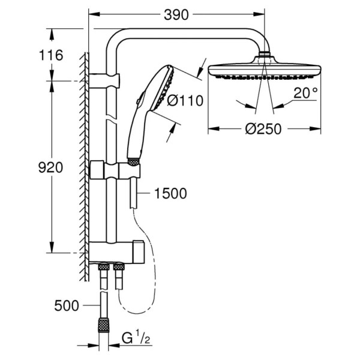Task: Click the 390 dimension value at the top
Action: point(176,15)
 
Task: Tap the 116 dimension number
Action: point(51,55)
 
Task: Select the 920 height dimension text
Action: point(50,167)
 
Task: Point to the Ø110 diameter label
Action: point(185,101)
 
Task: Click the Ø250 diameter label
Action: point(263,129)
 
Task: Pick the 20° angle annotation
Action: point(305,93)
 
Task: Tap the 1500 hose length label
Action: point(170,193)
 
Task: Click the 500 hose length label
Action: point(67,305)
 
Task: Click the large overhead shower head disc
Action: point(264,70)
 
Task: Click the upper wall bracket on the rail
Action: point(104,81)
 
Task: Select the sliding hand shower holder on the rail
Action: point(115,170)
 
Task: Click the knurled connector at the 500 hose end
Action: point(103,325)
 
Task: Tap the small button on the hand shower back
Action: point(138,101)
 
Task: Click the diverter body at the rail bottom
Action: point(116,253)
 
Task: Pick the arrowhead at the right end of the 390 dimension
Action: point(259,14)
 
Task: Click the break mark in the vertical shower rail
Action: point(112,117)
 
